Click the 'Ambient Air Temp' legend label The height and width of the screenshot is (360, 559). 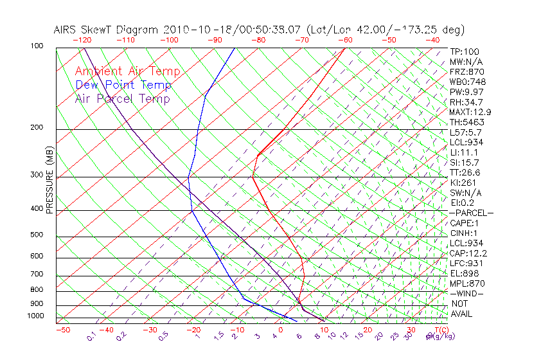point(127,71)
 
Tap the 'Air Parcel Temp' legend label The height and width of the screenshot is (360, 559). point(122,98)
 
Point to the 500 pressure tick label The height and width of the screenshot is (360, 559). point(37,235)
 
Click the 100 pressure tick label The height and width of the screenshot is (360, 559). point(37,46)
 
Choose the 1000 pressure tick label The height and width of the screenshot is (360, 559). point(35,316)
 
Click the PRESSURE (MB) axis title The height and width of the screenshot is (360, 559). point(49,181)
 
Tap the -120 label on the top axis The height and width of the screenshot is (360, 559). point(82,40)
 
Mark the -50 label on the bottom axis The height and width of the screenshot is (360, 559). point(62,330)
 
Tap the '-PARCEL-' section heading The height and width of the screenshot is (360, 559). point(471,213)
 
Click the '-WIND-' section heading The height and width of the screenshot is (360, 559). point(466,293)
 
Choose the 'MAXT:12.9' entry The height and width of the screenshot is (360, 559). point(470,112)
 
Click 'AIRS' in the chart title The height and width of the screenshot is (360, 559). point(66,30)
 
